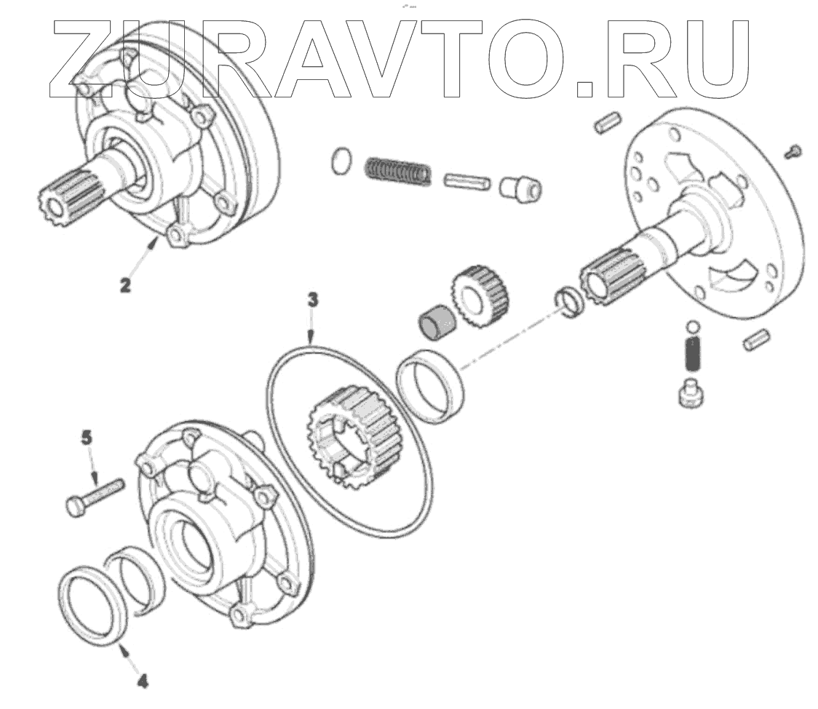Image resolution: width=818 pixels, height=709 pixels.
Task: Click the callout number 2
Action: (x=126, y=284)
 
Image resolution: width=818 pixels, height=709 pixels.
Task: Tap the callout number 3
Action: (x=311, y=300)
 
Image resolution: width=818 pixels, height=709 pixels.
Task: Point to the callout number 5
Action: (x=87, y=437)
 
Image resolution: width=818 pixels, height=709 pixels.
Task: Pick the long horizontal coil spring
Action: (x=398, y=172)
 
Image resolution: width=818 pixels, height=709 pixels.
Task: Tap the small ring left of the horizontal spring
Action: (x=341, y=161)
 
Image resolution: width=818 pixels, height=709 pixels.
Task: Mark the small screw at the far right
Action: (x=794, y=151)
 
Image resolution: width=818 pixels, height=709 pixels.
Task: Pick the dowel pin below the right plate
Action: (x=757, y=339)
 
